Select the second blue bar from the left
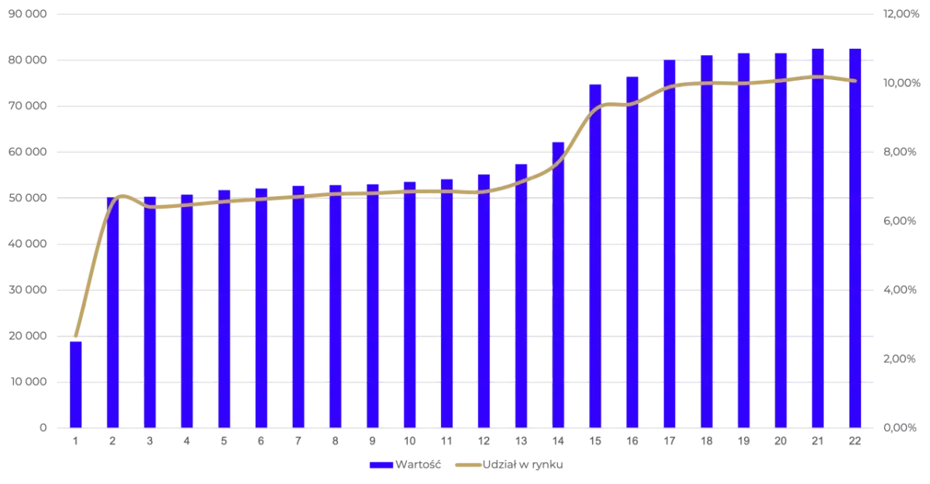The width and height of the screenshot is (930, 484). pyautogui.click(x=112, y=310)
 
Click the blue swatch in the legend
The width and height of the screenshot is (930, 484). pyautogui.click(x=381, y=466)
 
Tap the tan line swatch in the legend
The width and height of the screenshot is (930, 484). pyautogui.click(x=467, y=466)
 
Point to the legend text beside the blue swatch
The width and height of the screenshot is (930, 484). pyautogui.click(x=420, y=466)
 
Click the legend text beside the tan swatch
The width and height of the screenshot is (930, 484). pyautogui.click(x=524, y=466)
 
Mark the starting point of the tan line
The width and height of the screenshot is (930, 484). pyautogui.click(x=75, y=336)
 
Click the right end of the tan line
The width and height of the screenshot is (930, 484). pyautogui.click(x=855, y=81)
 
